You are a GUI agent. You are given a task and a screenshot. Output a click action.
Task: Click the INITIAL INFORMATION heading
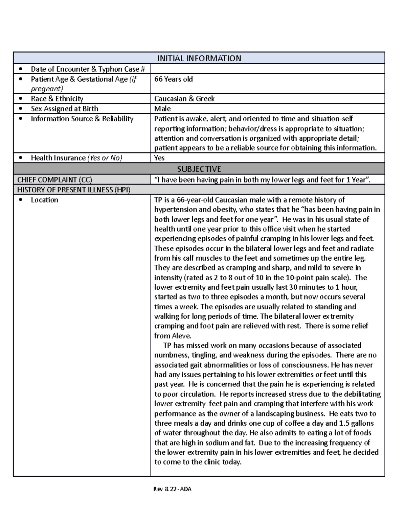(199, 58)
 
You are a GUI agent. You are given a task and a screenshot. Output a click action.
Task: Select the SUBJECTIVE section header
(199, 169)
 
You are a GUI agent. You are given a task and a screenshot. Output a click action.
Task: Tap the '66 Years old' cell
(174, 79)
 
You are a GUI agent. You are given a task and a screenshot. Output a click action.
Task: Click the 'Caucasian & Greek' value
(184, 99)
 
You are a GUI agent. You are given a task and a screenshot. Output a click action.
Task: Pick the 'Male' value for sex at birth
(162, 109)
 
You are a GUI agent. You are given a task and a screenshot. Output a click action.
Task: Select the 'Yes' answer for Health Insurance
(159, 158)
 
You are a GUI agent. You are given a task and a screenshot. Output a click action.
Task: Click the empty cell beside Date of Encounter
(267, 69)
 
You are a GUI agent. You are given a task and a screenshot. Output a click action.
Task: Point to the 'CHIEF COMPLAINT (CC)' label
(54, 180)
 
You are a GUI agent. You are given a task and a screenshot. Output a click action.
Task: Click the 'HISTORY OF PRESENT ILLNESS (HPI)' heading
(73, 190)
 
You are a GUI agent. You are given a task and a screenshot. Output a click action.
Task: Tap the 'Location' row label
(44, 200)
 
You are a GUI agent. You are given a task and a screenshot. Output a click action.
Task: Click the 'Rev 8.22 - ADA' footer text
(173, 489)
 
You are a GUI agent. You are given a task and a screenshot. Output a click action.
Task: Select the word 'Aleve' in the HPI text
(182, 336)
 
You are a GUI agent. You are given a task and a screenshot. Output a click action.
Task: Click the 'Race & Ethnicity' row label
(57, 99)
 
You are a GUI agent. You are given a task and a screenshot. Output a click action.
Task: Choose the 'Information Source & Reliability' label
(82, 119)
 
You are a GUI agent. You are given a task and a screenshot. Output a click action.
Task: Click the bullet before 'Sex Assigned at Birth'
(21, 109)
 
